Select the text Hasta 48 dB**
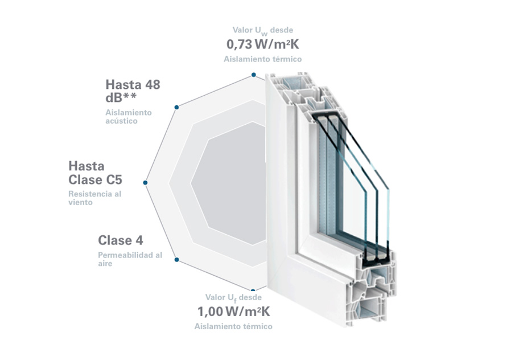tap(133, 91)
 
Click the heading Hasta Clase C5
tap(95, 173)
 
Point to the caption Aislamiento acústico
tap(129, 116)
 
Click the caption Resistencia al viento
tap(94, 198)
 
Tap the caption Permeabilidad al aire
tap(130, 259)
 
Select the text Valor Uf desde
tap(233, 297)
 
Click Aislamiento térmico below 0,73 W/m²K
tap(262, 59)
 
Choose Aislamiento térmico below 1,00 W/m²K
tap(233, 326)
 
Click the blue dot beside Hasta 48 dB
tap(177, 106)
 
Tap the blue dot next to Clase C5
tap(145, 183)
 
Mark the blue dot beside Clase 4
tap(177, 259)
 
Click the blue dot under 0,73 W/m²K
tap(254, 75)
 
